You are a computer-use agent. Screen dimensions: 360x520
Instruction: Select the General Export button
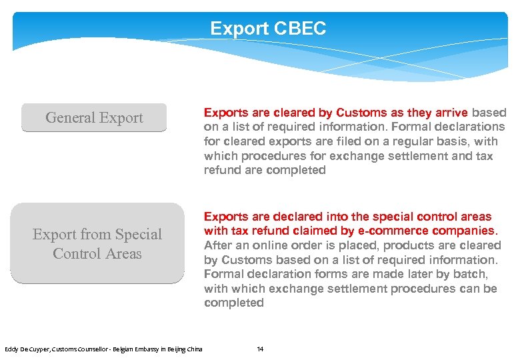94,118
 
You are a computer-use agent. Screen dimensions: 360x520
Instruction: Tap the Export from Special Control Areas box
97,244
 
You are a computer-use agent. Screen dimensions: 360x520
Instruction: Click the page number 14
261,349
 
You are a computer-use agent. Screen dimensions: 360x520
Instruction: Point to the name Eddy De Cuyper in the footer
25,349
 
